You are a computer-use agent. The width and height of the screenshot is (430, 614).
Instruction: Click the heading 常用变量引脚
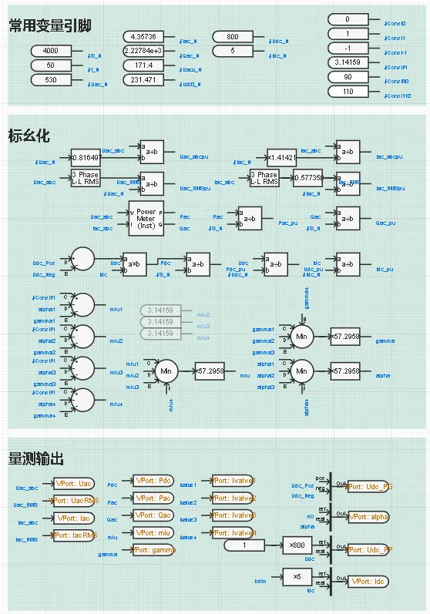click(x=50, y=26)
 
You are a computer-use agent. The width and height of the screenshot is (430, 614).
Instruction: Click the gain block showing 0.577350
click(x=307, y=177)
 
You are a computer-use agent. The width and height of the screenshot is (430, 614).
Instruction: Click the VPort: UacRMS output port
click(x=74, y=502)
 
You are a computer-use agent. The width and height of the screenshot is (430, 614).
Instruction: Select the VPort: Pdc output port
click(x=154, y=481)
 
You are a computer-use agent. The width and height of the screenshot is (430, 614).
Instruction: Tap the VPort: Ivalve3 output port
click(x=233, y=515)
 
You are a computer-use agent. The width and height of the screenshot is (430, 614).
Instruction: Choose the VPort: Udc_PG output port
click(x=368, y=487)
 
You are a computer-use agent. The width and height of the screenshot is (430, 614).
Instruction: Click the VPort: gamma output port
click(x=154, y=550)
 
